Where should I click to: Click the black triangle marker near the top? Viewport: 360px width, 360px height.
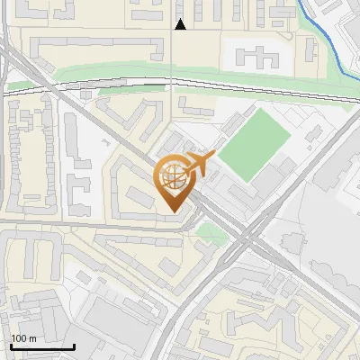180,24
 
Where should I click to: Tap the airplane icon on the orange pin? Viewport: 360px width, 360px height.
198,165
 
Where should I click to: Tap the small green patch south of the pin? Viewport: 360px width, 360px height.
212,234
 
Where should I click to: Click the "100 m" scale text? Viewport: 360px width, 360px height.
24,337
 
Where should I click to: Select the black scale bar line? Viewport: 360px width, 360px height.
41,346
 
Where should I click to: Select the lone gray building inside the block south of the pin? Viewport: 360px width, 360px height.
172,265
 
